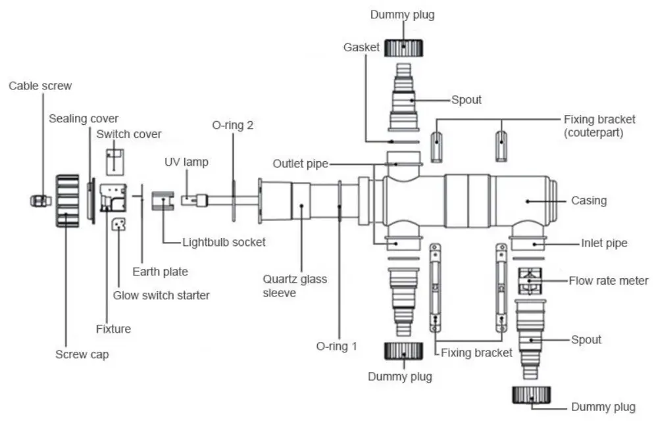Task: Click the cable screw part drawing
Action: pyautogui.click(x=40, y=199)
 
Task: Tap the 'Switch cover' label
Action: pyautogui.click(x=128, y=134)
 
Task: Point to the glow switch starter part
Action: pyautogui.click(x=118, y=226)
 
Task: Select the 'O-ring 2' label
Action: pyautogui.click(x=232, y=125)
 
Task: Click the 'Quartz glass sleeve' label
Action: pyautogui.click(x=295, y=286)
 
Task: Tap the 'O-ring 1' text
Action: pyautogui.click(x=336, y=346)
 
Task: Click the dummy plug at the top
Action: pyautogui.click(x=402, y=47)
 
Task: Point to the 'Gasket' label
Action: pyautogui.click(x=361, y=47)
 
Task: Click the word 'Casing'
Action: pyautogui.click(x=588, y=201)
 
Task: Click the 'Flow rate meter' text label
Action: pyautogui.click(x=609, y=281)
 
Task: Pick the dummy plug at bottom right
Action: pyautogui.click(x=531, y=395)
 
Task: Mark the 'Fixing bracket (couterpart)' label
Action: pyautogui.click(x=599, y=125)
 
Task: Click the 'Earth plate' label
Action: pyautogui.click(x=160, y=272)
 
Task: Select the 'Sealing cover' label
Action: pyautogui.click(x=84, y=118)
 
